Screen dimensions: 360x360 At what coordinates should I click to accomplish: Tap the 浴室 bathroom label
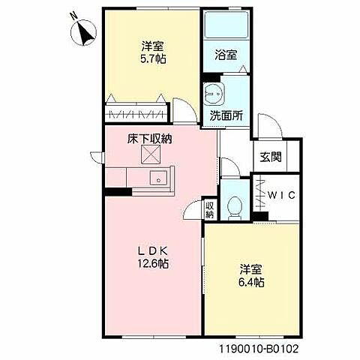coord(227,55)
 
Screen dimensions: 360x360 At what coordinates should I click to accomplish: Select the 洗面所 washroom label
coord(225,116)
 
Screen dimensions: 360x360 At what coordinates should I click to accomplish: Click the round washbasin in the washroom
coord(214,94)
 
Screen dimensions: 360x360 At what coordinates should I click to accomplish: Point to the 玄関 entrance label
coord(271,157)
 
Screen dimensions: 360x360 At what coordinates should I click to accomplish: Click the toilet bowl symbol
coord(233,205)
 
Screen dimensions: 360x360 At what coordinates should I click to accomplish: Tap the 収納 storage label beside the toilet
coord(209,209)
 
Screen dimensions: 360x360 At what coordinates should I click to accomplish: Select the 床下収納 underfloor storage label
coord(150,138)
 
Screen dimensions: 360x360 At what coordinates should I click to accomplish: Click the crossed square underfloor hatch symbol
coord(151,155)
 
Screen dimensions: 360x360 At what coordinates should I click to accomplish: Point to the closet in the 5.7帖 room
coord(138,114)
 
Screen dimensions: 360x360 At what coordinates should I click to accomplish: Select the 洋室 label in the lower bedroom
coord(253,268)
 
